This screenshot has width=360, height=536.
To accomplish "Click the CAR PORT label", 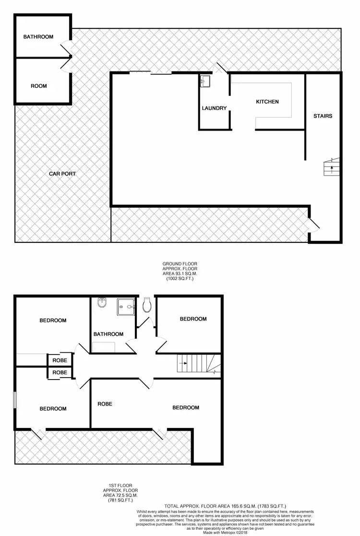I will [x=62, y=174].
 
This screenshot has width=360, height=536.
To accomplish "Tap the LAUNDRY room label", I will [x=214, y=108].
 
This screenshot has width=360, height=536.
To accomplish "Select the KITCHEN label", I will [x=267, y=102].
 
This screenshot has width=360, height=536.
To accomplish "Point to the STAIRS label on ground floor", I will [x=323, y=116].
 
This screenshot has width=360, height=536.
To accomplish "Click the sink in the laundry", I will [x=205, y=81].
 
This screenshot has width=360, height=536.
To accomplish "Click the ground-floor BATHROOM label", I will [x=38, y=37].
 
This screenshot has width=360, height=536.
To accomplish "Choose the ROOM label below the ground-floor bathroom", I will [x=39, y=86].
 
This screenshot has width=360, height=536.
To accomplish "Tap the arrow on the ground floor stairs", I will [x=330, y=167].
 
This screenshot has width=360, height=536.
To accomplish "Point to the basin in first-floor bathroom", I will [x=102, y=303].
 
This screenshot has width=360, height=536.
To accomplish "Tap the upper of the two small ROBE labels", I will [x=60, y=359].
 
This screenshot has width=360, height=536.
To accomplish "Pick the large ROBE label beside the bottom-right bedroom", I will [x=105, y=404].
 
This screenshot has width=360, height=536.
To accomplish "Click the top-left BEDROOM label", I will [x=53, y=321].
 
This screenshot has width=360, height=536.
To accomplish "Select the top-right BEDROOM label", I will [x=193, y=319].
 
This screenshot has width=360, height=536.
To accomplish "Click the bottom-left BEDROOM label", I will [x=53, y=409].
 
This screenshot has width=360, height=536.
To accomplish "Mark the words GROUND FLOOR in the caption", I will [x=180, y=264].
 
